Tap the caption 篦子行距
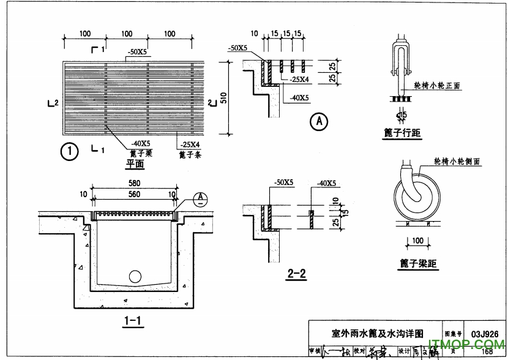(402, 133)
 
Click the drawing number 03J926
(486, 334)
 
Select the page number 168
(487, 351)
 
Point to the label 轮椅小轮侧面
(455, 161)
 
